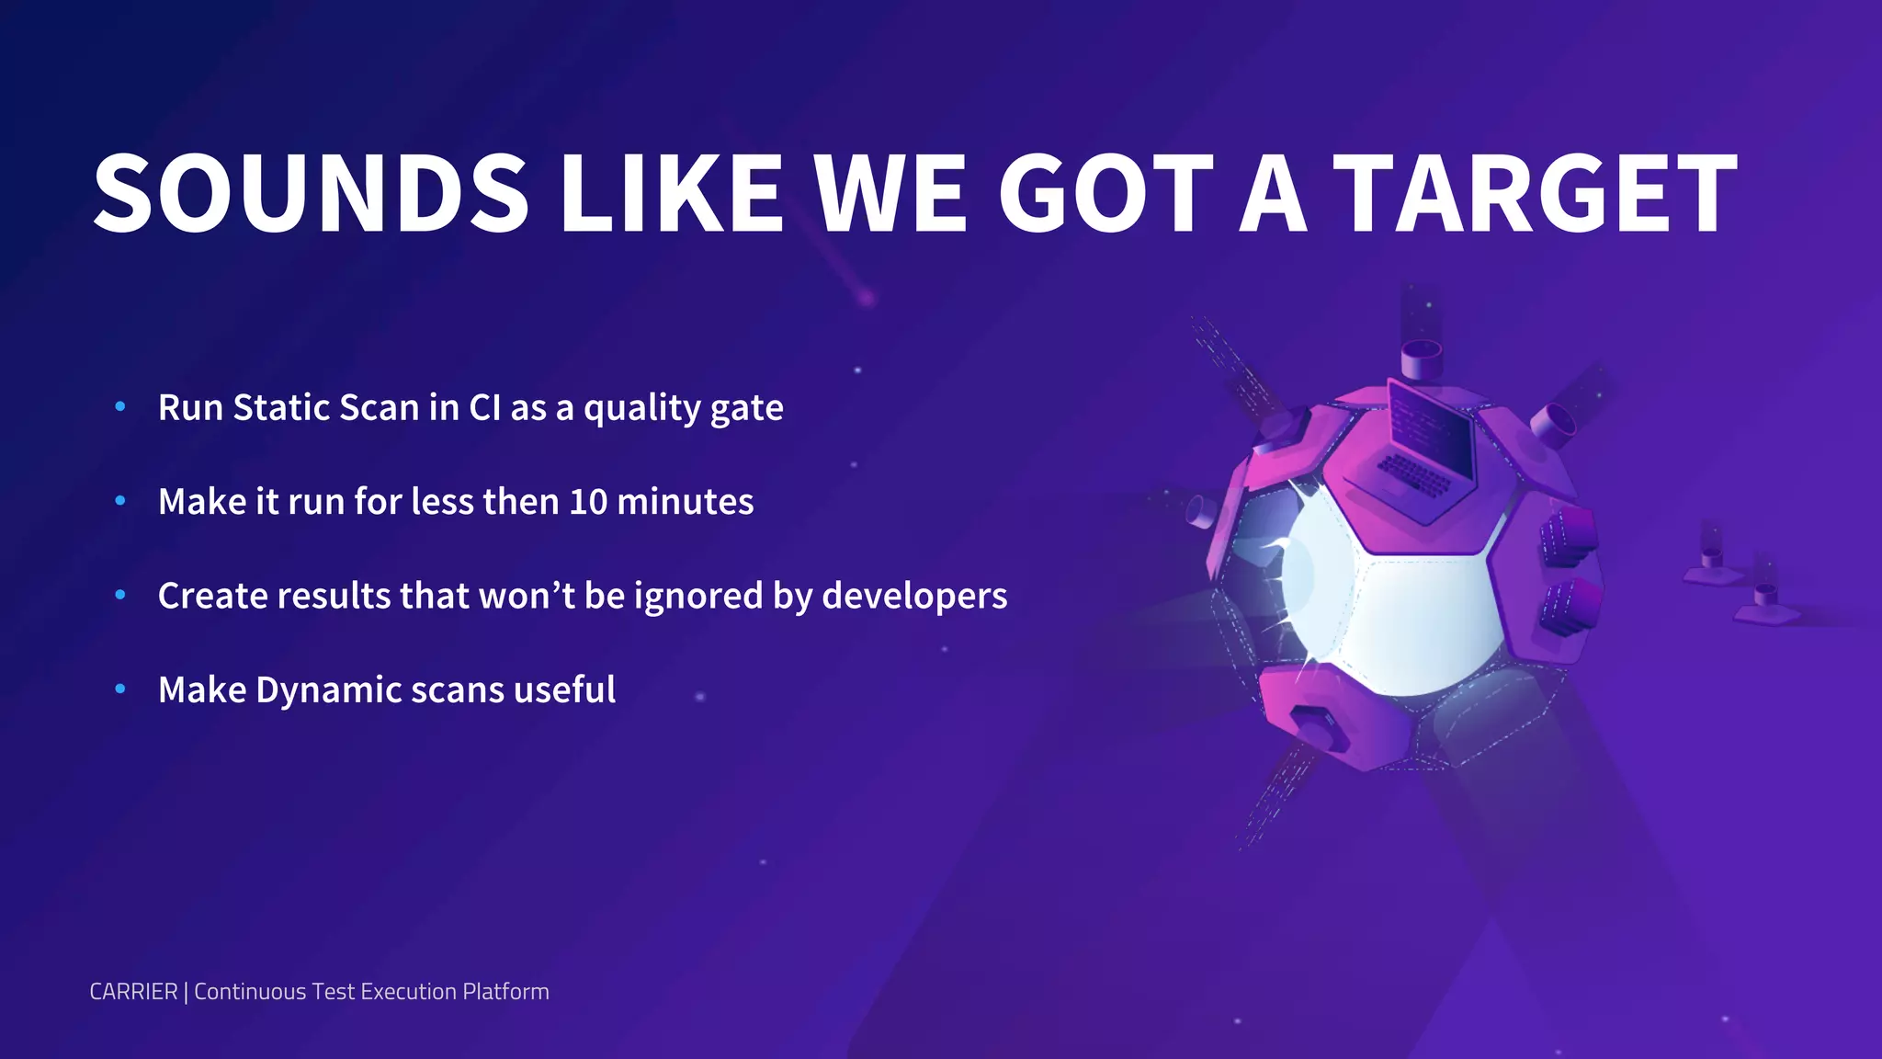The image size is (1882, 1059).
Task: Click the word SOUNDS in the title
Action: pos(311,193)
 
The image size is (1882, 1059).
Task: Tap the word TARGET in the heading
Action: pos(1535,193)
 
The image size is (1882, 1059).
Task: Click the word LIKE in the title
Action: pos(672,193)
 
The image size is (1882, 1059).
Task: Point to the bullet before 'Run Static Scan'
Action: pos(120,406)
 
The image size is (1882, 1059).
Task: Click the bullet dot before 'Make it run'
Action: pos(120,501)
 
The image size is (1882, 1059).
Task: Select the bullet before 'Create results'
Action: pos(120,595)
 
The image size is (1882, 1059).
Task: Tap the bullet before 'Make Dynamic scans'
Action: pos(120,689)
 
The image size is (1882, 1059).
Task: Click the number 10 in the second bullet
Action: pos(588,502)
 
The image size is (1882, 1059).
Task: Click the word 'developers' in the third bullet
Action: pos(914,597)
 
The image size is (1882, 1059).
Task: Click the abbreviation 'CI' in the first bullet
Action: pos(484,407)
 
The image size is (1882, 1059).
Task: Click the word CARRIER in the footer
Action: pos(134,992)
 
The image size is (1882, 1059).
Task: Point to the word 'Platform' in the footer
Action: pos(505,992)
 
